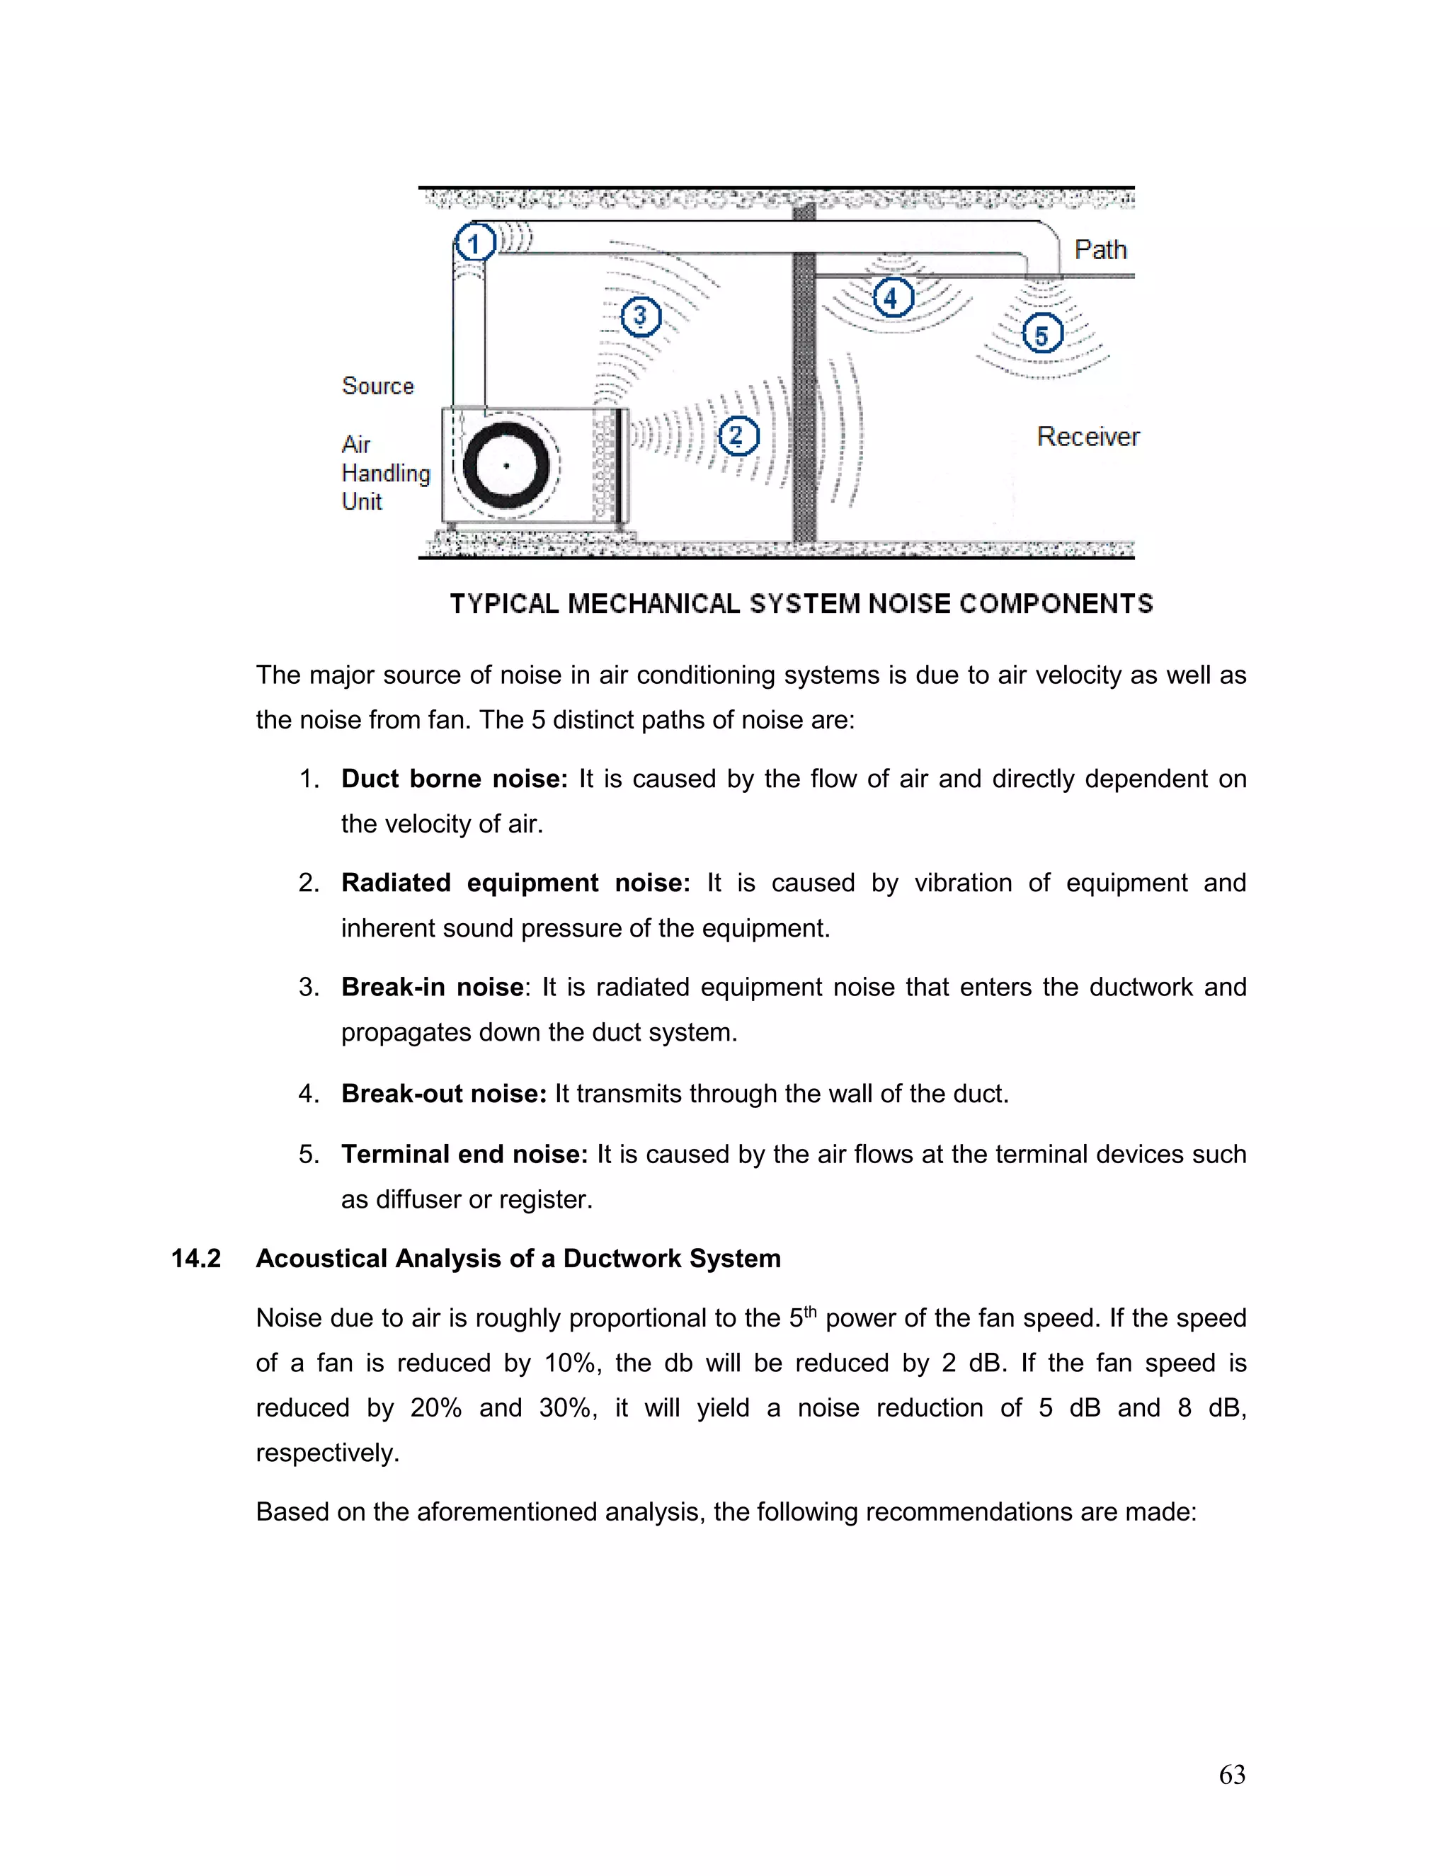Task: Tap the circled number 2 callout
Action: (738, 435)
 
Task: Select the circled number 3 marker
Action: (641, 317)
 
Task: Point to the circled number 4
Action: (893, 298)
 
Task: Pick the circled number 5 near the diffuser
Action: (1042, 334)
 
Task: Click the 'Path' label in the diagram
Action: (1100, 250)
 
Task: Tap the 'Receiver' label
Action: (1087, 436)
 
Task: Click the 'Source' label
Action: (377, 386)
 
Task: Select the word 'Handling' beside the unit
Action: (386, 474)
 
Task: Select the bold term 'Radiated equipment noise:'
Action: (515, 883)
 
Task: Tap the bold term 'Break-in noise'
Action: (432, 987)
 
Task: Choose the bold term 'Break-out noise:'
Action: (443, 1094)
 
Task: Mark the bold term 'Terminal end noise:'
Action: (464, 1154)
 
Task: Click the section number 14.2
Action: (196, 1259)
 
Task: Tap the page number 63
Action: (1232, 1775)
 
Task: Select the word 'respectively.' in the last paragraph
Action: (327, 1453)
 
